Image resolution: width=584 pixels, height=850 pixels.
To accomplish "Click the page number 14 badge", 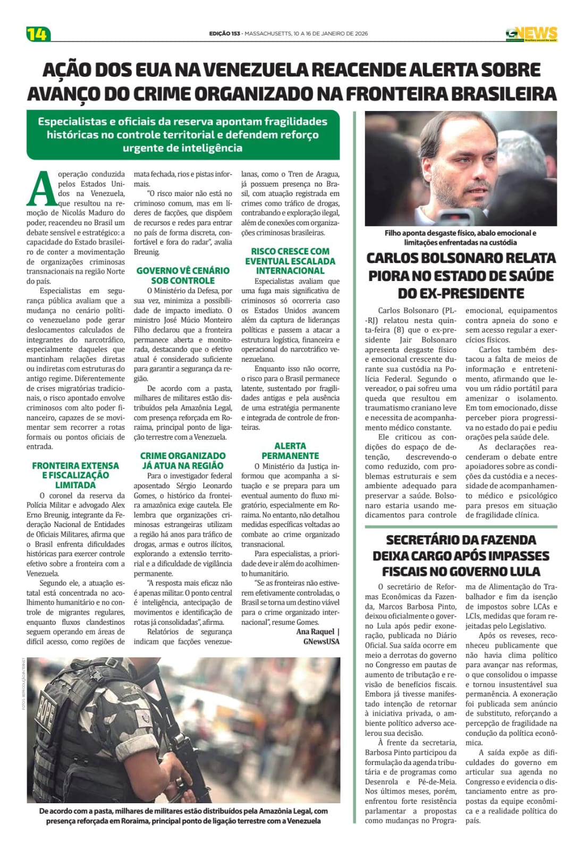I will [x=38, y=34].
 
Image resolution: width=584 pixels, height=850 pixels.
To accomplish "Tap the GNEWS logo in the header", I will [x=531, y=33].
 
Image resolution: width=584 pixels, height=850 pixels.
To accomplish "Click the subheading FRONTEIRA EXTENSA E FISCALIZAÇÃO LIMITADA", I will [x=75, y=475].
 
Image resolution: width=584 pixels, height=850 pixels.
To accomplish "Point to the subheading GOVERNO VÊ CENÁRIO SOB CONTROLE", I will [x=183, y=275].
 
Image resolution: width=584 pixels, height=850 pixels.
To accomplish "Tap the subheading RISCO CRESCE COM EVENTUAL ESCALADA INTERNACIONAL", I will [x=290, y=260].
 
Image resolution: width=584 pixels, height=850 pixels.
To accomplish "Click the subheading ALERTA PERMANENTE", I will [x=290, y=450].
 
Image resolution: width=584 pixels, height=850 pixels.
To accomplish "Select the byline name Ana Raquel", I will [x=315, y=632].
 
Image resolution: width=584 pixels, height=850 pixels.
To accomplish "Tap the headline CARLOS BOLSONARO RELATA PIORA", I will [x=461, y=275].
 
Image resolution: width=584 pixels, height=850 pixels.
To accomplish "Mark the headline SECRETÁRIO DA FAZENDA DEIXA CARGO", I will [x=461, y=555].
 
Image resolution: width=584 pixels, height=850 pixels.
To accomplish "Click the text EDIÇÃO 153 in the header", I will [x=225, y=33].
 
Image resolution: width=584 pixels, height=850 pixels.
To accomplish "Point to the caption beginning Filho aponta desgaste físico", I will [x=460, y=237].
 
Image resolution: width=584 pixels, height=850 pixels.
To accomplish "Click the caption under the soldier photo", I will [x=183, y=815].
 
